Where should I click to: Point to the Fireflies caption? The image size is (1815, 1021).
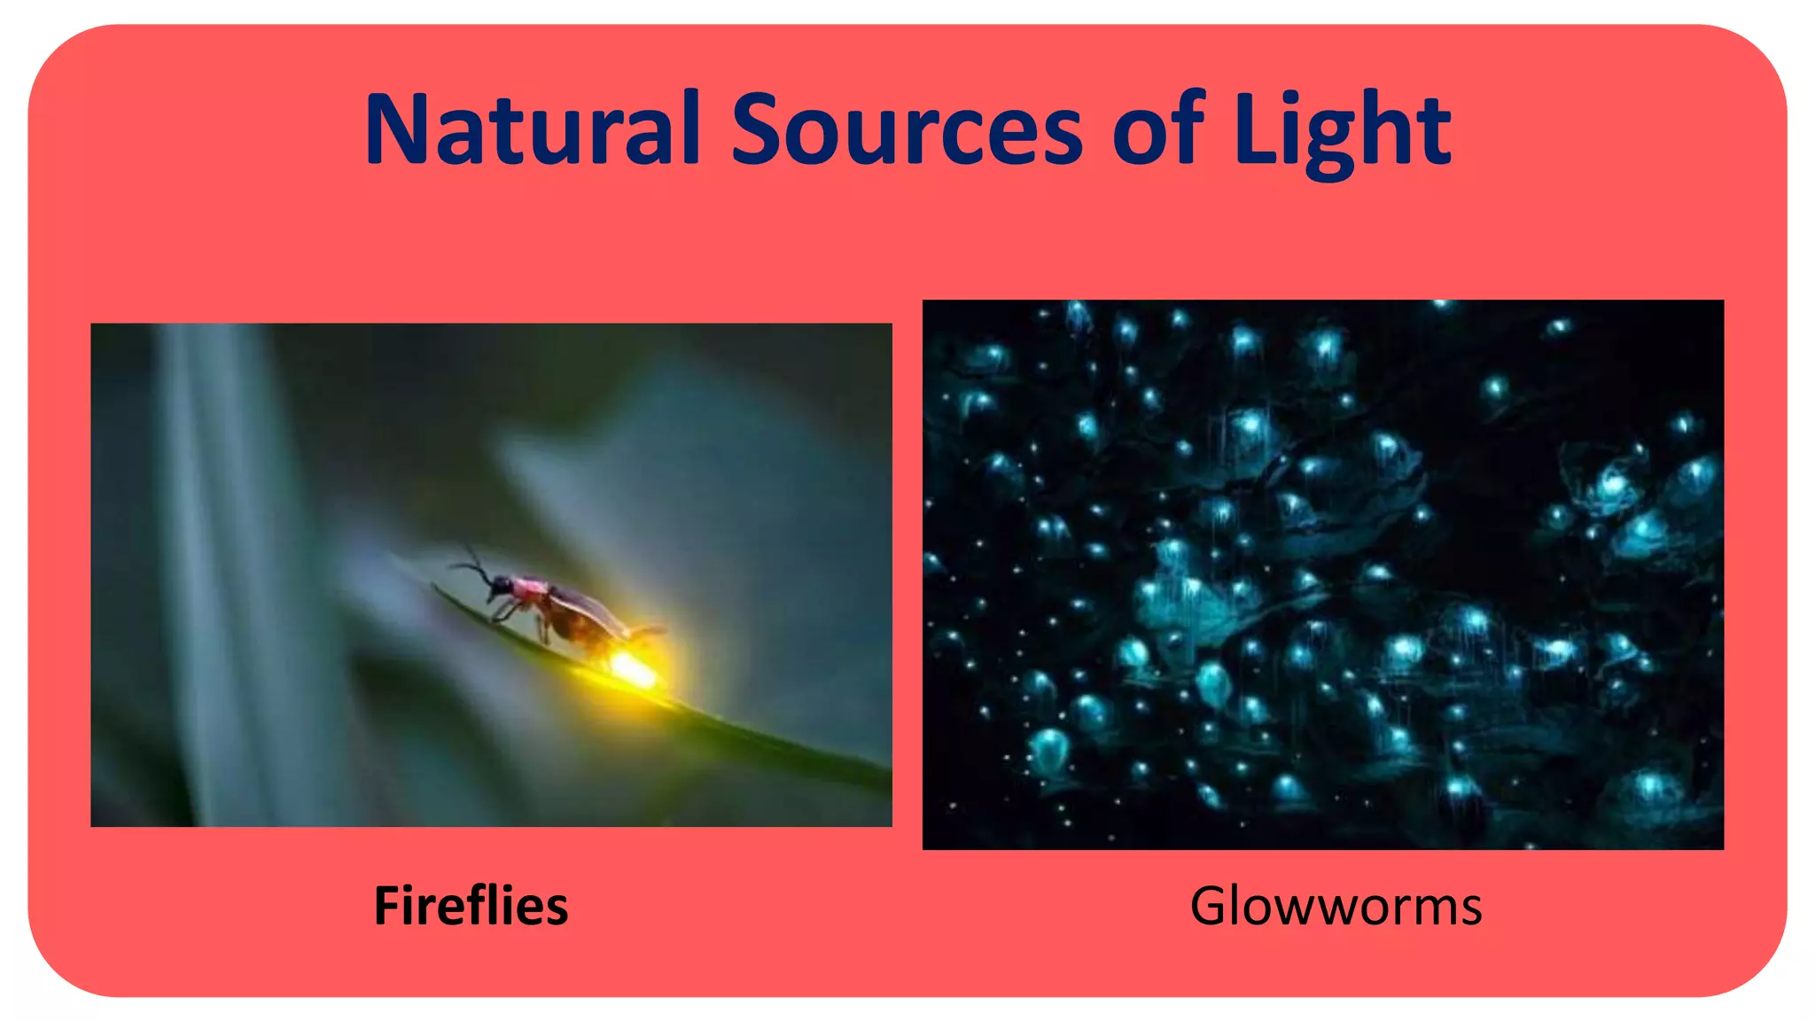[471, 906]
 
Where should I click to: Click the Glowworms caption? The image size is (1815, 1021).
[1336, 906]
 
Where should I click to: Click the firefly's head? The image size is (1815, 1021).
[501, 585]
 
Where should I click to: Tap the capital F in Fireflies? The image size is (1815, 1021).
[386, 906]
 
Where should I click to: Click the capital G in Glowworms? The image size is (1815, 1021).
[1211, 906]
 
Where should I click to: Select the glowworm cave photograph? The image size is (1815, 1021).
[1323, 574]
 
